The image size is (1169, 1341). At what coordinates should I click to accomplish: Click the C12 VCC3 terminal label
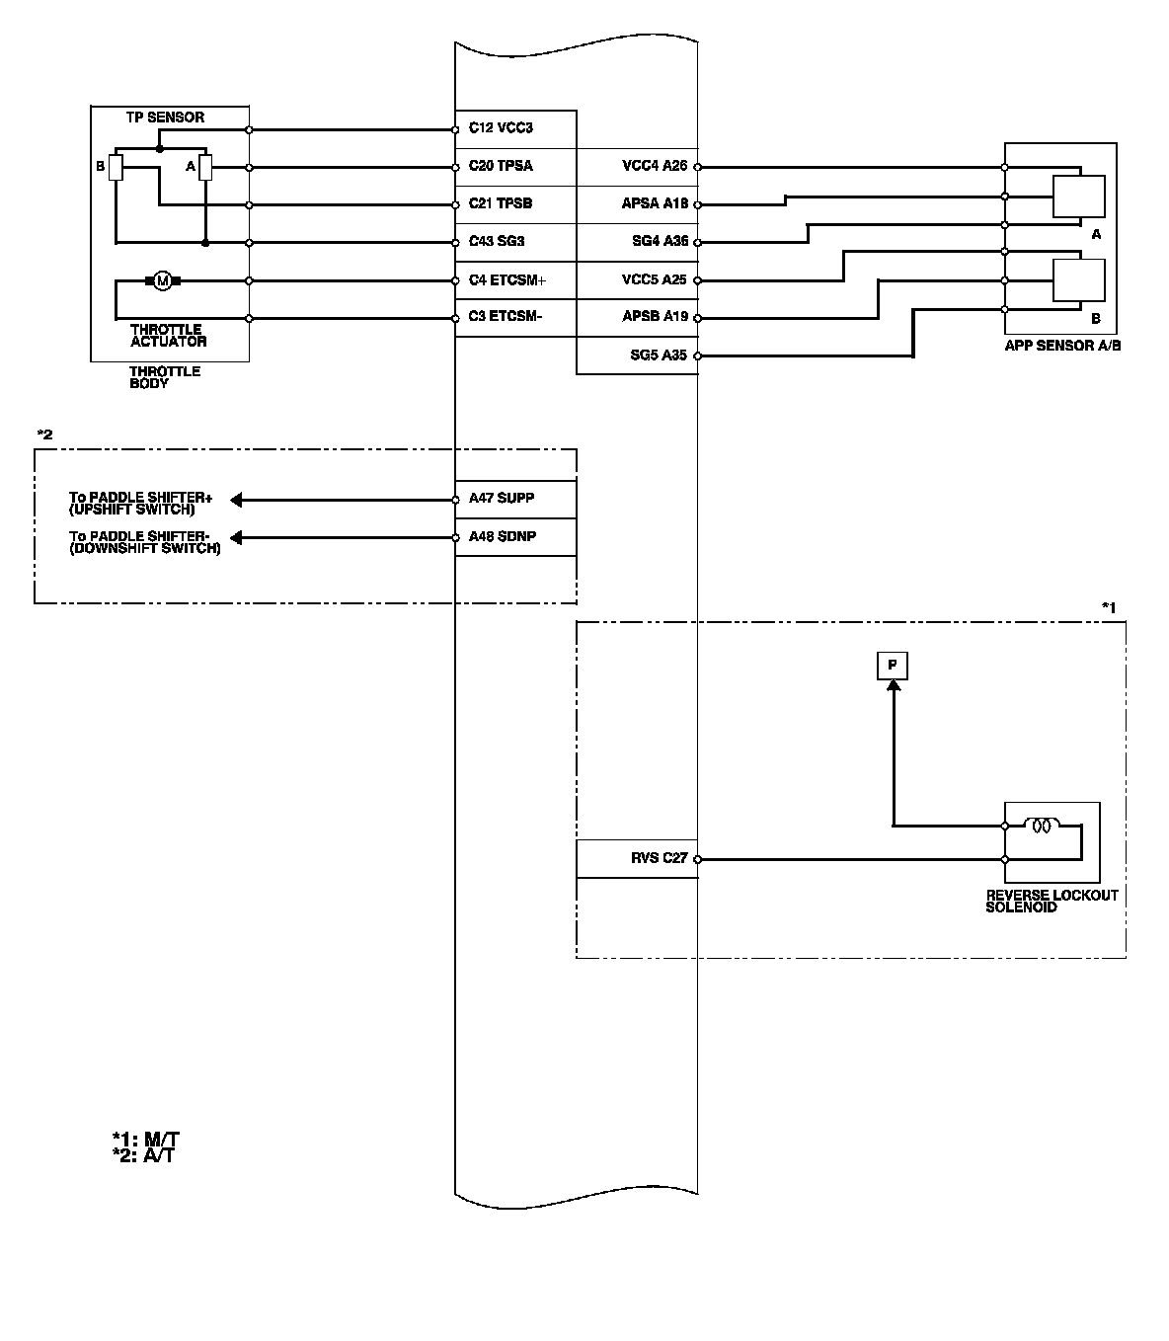pyautogui.click(x=501, y=128)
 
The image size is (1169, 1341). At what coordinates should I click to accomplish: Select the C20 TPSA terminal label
pyautogui.click(x=501, y=166)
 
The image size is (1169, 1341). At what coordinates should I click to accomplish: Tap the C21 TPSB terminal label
pyautogui.click(x=501, y=204)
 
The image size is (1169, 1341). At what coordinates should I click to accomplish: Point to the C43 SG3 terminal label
pyautogui.click(x=497, y=242)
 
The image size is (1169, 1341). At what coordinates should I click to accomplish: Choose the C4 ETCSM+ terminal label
pyautogui.click(x=507, y=280)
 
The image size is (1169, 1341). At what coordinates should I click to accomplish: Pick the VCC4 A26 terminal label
pyautogui.click(x=654, y=166)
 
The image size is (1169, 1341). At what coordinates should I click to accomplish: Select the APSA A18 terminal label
pyautogui.click(x=654, y=204)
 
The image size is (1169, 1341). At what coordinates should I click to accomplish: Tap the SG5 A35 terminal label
pyautogui.click(x=658, y=355)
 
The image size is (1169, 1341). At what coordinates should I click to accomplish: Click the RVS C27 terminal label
pyautogui.click(x=659, y=858)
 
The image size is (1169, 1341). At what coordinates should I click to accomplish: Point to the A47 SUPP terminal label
pyautogui.click(x=502, y=498)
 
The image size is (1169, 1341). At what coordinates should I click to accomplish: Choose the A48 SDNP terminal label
pyautogui.click(x=503, y=536)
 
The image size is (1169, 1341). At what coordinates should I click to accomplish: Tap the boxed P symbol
pyautogui.click(x=893, y=666)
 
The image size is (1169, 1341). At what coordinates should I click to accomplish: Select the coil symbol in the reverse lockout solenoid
pyautogui.click(x=1042, y=826)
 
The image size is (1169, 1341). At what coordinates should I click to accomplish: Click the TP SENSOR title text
pyautogui.click(x=165, y=118)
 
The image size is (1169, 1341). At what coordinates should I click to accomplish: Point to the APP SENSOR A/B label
pyautogui.click(x=1062, y=347)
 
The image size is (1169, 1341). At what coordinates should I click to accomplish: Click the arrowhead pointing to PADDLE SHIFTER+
pyautogui.click(x=237, y=500)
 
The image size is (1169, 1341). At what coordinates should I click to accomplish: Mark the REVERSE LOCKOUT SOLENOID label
pyautogui.click(x=1052, y=901)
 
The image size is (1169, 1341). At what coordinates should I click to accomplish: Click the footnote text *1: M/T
pyautogui.click(x=145, y=1139)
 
